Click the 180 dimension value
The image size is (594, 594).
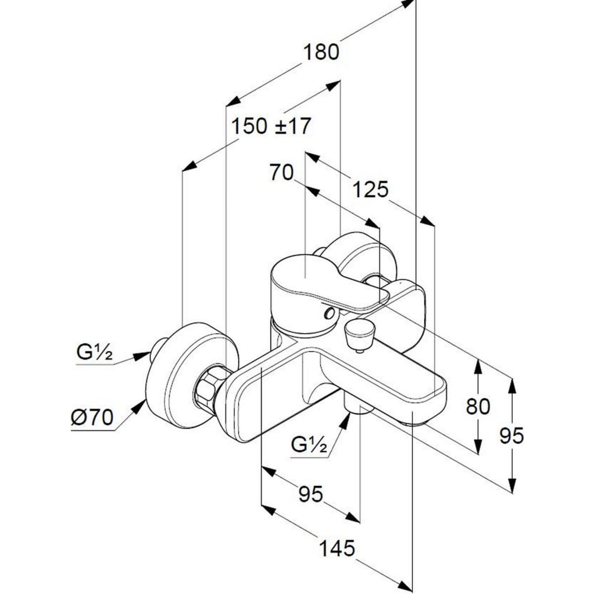(x=321, y=52)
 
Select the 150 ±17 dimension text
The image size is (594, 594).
(x=271, y=126)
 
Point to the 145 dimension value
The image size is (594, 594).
(x=337, y=548)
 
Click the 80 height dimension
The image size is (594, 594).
(x=478, y=406)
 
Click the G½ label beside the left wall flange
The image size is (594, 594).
(x=95, y=353)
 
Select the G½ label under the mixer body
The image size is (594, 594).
(x=309, y=445)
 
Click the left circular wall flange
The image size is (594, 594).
(x=191, y=376)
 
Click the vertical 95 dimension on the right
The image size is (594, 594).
(x=511, y=436)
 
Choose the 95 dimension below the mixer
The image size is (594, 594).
(x=310, y=494)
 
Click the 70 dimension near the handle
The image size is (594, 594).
(x=281, y=173)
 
